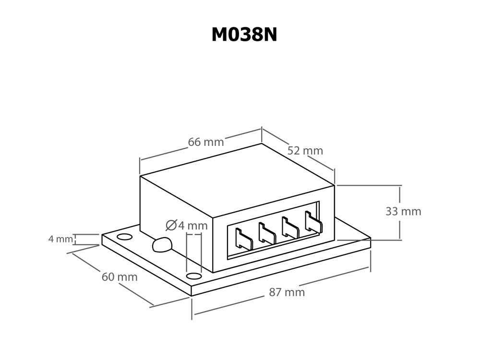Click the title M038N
244,35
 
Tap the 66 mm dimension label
205,142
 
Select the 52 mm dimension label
305,150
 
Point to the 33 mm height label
403,211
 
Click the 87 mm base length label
287,292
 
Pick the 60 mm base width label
120,277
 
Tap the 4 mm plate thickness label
60,239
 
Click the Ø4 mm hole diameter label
187,225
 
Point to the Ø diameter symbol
171,225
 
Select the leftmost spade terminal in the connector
243,239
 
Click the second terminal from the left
266,233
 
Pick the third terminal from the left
290,228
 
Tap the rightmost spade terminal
313,222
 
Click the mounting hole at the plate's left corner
124,237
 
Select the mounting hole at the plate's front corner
193,276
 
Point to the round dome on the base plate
162,245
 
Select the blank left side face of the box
175,211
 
